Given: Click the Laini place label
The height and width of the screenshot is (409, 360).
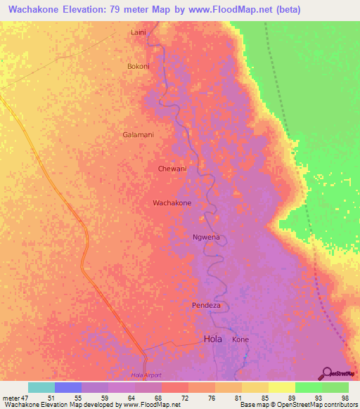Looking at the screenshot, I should pos(139,32).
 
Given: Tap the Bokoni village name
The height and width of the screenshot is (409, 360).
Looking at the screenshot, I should pos(138,66).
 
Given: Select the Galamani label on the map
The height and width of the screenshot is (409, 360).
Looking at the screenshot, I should pos(138,134).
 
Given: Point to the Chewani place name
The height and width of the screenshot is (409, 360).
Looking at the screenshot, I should pos(172,169).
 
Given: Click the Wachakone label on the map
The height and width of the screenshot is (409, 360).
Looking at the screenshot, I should pos(172,203).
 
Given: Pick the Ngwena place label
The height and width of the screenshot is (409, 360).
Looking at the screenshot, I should pos(206,237).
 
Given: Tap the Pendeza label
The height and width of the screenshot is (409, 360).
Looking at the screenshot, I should pos(207,305).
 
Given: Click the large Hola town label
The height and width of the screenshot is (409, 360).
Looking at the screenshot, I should pos(212,339).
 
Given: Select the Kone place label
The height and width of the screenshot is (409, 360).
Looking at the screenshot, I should pos(240,339).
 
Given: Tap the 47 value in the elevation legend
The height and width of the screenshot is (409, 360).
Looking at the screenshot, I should pos(23,397).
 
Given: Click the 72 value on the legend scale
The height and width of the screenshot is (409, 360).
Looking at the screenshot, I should pos(174,397).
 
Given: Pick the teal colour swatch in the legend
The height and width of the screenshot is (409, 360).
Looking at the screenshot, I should pos(41,387).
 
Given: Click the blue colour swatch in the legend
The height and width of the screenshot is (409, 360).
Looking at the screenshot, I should pos(68,387).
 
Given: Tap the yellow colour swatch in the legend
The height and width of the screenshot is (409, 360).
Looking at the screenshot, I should pos(282,387).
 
